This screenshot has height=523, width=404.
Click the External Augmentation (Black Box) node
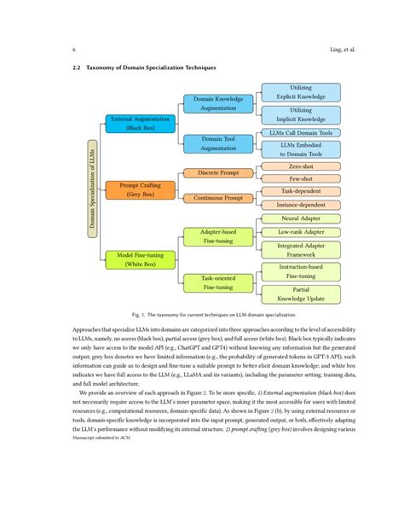point(139,123)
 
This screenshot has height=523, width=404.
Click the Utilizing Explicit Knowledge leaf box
point(300,93)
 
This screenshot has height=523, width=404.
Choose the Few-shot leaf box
point(300,179)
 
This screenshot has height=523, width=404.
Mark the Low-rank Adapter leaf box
point(300,231)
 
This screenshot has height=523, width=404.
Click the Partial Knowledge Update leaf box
point(300,294)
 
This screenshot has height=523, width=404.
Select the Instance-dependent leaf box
point(300,205)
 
